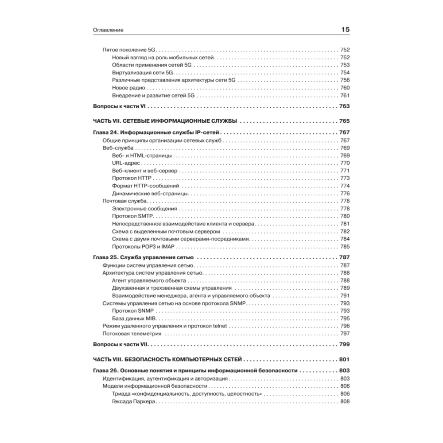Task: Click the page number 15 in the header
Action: pyautogui.click(x=345, y=30)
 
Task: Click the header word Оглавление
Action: pyautogui.click(x=108, y=30)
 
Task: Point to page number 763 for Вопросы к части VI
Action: pyautogui.click(x=344, y=106)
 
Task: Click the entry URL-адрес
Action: pyautogui.click(x=126, y=163)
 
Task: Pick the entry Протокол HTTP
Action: pyautogui.click(x=132, y=178)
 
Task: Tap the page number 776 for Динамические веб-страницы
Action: pyautogui.click(x=345, y=193)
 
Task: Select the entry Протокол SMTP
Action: pyautogui.click(x=132, y=216)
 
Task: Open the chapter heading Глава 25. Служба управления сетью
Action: pyautogui.click(x=143, y=257)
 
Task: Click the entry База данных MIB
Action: pyautogui.click(x=135, y=318)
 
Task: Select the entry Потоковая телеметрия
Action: pyautogui.click(x=132, y=333)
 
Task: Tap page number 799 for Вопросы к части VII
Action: pyautogui.click(x=344, y=344)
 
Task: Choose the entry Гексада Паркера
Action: pyautogui.click(x=133, y=401)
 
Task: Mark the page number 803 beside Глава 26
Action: pyautogui.click(x=344, y=370)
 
